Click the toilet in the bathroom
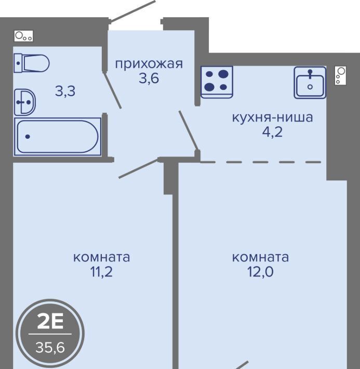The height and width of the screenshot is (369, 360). click(x=32, y=63)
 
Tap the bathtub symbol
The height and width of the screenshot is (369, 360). click(x=58, y=137)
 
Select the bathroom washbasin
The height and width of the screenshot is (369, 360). click(x=25, y=102)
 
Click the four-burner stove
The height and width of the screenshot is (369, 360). click(x=217, y=82)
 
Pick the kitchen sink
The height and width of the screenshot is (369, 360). click(x=310, y=82)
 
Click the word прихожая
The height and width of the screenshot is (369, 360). click(x=149, y=64)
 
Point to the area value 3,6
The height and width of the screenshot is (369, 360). click(x=149, y=78)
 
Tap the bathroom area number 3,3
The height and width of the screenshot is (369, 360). click(x=65, y=91)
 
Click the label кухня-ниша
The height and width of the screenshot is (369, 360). click(x=273, y=117)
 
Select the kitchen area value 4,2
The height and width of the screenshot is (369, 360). click(x=272, y=132)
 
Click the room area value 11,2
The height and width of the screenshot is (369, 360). click(x=101, y=272)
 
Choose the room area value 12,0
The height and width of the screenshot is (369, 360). click(x=260, y=272)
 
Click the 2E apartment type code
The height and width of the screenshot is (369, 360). click(x=50, y=322)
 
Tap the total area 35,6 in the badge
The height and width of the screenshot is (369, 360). click(x=50, y=347)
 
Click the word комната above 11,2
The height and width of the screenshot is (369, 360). click(x=101, y=257)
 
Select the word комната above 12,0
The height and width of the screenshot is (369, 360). click(x=260, y=257)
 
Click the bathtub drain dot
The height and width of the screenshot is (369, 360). click(x=28, y=137)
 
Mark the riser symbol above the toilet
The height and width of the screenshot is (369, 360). click(x=23, y=36)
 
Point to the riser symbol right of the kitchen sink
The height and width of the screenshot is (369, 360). click(x=340, y=75)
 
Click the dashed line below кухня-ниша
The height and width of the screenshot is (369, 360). click(x=261, y=162)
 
